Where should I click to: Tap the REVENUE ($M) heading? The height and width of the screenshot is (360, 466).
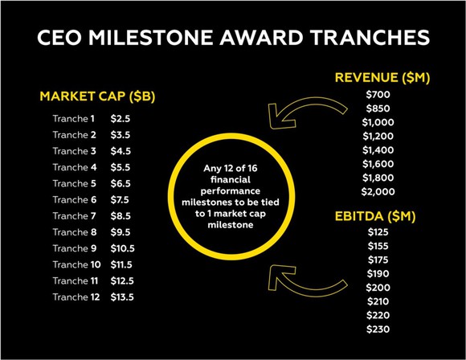(382, 77)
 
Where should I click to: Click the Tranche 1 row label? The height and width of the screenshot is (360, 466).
(74, 119)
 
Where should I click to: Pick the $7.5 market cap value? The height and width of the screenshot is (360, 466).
(121, 199)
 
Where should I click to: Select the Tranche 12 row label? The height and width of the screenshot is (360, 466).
(76, 296)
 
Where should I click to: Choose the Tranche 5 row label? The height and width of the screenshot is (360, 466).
(74, 183)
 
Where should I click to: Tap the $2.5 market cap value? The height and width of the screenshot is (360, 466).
(121, 119)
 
